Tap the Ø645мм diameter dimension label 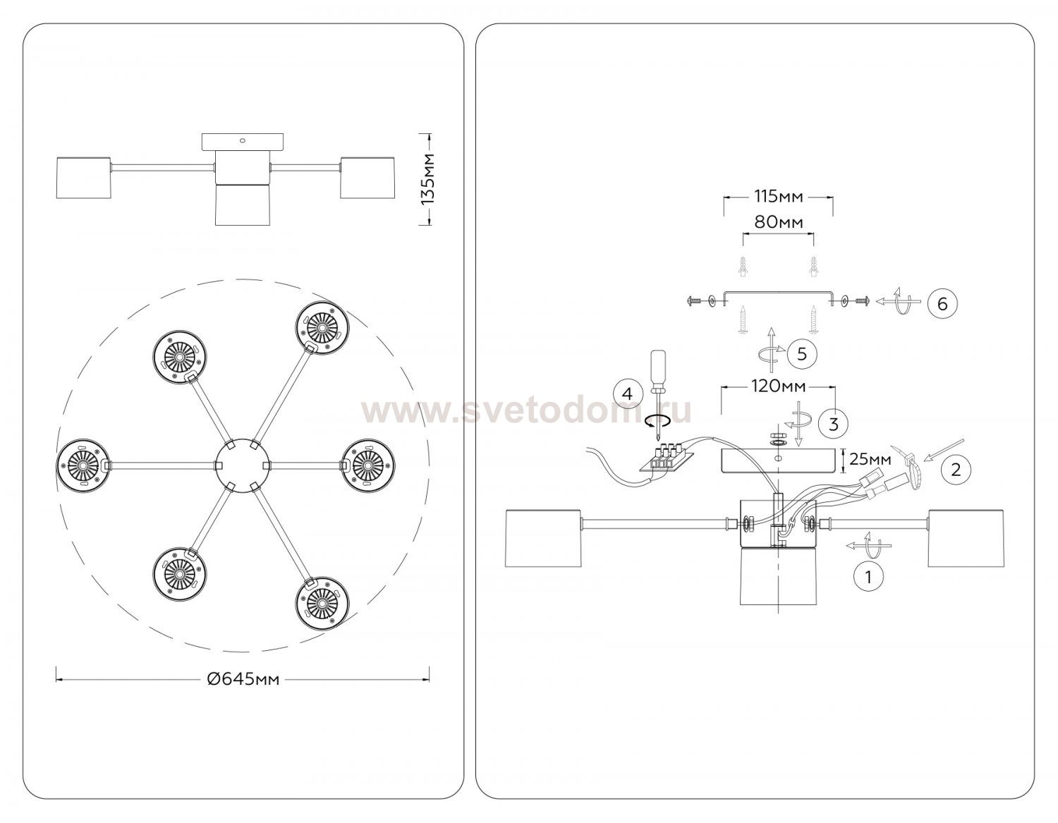[x=243, y=678]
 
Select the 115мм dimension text [x=779, y=197]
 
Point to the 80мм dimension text [x=779, y=222]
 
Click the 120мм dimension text [x=779, y=386]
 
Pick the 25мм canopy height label [x=870, y=458]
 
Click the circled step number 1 [x=868, y=577]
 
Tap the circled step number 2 [x=956, y=470]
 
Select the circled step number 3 [x=834, y=424]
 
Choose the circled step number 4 [x=628, y=394]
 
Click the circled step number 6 [x=942, y=304]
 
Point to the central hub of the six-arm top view [x=242, y=465]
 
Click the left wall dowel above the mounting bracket [x=743, y=267]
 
